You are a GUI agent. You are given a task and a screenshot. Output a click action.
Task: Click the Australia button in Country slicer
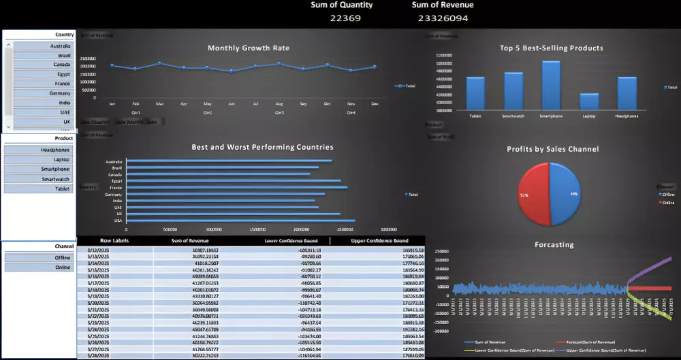(x=42, y=46)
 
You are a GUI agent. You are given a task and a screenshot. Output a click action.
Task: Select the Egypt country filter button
(x=42, y=74)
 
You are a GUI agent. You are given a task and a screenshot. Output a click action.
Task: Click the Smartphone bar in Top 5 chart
(x=551, y=85)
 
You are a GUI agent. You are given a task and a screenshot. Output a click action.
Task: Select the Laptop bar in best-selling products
(x=589, y=101)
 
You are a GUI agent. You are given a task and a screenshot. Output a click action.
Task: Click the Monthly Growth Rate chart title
(x=248, y=48)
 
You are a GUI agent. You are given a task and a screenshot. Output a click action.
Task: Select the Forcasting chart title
(x=554, y=245)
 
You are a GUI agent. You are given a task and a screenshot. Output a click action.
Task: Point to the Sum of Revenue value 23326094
(x=443, y=18)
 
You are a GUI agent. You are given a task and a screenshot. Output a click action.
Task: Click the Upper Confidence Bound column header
(x=379, y=241)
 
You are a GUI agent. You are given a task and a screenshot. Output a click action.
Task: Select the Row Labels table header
(x=114, y=241)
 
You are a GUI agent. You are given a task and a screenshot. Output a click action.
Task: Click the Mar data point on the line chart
(x=159, y=63)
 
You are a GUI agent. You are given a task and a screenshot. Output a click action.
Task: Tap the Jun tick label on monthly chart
(x=231, y=104)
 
